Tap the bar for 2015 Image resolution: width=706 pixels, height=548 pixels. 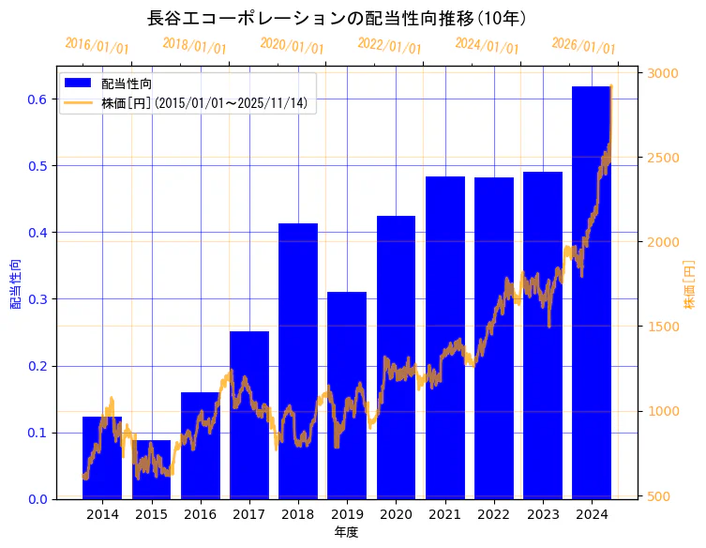tap(151, 469)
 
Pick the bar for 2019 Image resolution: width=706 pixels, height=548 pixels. tap(347, 395)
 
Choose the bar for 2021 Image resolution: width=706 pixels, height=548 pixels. tap(445, 338)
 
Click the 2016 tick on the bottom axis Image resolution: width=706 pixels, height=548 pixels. tap(200, 514)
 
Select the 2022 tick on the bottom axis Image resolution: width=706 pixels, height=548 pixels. tap(494, 514)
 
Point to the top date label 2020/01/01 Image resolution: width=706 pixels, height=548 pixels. tap(292, 46)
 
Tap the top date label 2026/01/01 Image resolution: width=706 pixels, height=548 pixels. tap(583, 46)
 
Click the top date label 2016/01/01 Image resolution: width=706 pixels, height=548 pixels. tap(97, 46)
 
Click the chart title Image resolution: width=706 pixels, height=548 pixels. tap(338, 18)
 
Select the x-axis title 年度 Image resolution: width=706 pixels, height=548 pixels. tap(346, 532)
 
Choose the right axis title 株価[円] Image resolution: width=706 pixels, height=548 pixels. tap(689, 285)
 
